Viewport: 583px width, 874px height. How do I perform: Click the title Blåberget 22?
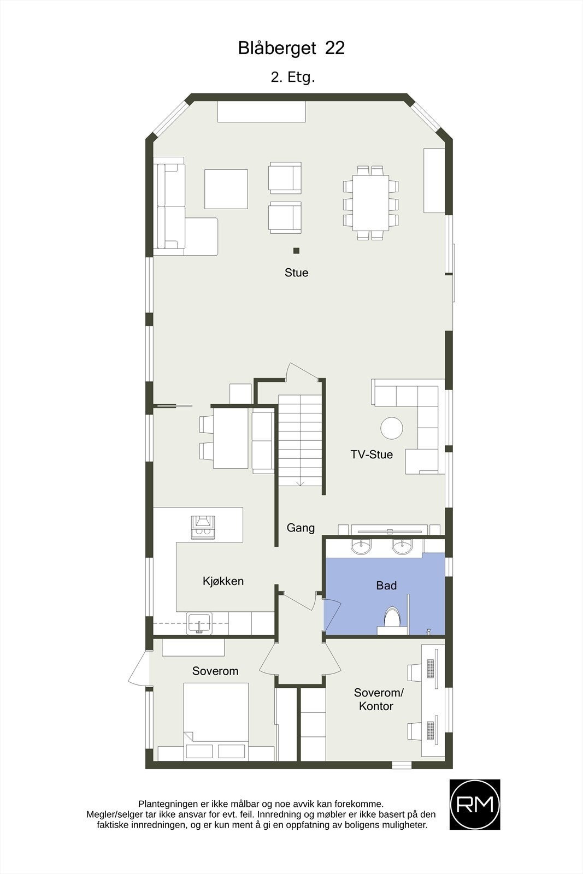pos(291,49)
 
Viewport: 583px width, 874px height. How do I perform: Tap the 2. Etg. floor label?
pos(293,77)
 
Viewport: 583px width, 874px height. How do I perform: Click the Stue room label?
pos(296,273)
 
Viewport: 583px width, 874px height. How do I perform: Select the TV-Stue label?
pos(372,454)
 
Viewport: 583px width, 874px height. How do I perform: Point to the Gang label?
pos(301,528)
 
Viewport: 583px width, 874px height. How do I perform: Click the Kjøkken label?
pos(223,581)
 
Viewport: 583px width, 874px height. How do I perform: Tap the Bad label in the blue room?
pos(386,586)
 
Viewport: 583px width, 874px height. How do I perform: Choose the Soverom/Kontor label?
pos(378,699)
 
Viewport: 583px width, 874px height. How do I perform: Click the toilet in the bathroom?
pos(392,618)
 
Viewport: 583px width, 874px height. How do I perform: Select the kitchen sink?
pos(199,623)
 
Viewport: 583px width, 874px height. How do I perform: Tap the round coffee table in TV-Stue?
pos(391,428)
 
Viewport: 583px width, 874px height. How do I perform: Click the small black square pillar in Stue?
pos(296,251)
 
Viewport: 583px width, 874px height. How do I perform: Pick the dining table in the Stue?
pos(370,203)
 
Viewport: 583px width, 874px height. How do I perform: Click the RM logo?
pos(474,804)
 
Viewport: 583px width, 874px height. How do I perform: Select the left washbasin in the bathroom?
pos(361,546)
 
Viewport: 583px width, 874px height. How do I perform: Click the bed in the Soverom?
pos(216,716)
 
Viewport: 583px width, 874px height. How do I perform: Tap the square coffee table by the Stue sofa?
pos(226,188)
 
